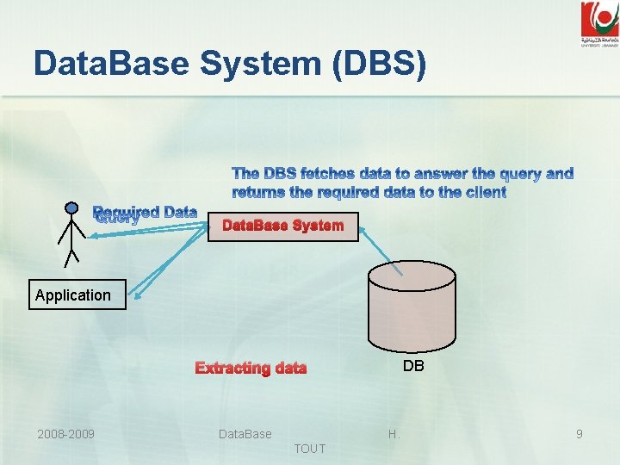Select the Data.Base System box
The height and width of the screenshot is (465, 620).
(x=282, y=226)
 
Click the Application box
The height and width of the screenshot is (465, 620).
(x=73, y=295)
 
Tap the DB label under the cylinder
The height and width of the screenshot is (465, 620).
(x=413, y=366)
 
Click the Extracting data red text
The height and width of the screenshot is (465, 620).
(x=251, y=369)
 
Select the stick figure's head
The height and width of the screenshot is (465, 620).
(x=71, y=208)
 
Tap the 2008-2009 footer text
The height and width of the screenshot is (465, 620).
(x=65, y=434)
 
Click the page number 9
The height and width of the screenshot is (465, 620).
(x=580, y=434)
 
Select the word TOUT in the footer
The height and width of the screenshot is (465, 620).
(x=310, y=449)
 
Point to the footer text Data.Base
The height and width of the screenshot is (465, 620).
(x=245, y=434)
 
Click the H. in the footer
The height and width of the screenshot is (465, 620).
(x=394, y=434)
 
